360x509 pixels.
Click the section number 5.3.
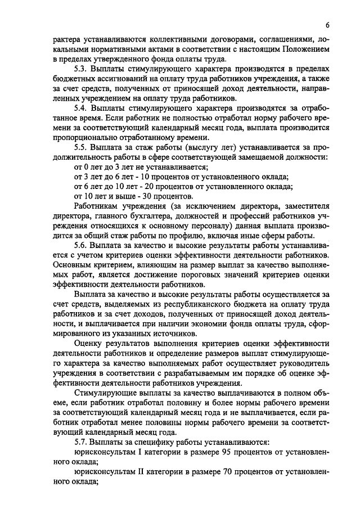(81, 69)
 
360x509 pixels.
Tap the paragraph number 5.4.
(81, 107)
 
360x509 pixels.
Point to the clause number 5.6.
(81, 246)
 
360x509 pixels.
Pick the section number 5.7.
(81, 443)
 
